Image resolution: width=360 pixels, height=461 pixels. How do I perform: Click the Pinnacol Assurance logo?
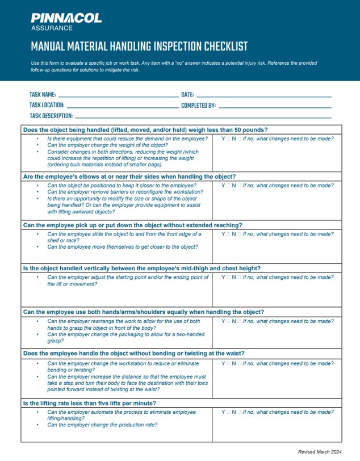[x=66, y=22]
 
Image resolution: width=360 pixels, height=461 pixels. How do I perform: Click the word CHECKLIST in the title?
[x=219, y=47]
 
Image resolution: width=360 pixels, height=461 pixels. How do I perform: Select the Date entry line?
[x=263, y=95]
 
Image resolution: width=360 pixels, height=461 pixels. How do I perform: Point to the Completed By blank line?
[x=275, y=106]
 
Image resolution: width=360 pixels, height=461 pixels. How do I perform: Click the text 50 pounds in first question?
[x=248, y=130]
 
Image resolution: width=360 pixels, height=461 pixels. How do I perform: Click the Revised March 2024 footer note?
[x=320, y=451]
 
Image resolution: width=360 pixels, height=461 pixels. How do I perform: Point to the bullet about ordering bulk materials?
[x=122, y=158]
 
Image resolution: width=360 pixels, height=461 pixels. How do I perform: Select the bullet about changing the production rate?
[x=102, y=425]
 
